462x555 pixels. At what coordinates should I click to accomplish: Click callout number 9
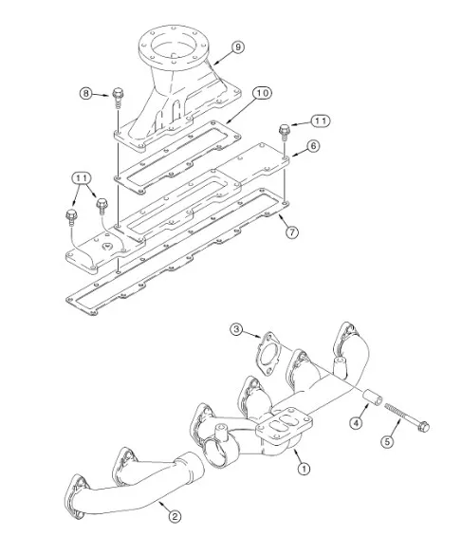238,47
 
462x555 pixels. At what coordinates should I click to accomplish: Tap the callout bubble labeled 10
263,93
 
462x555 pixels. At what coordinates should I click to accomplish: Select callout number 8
85,94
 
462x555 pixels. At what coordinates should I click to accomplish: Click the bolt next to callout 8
118,96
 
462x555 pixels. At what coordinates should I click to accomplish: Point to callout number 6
313,146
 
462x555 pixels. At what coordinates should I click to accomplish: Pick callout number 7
292,232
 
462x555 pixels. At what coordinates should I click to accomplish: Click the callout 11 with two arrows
82,178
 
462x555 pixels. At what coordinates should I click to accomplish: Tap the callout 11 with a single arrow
321,121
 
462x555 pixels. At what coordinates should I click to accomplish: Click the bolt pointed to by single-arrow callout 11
285,132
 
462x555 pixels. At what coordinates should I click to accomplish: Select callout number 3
236,330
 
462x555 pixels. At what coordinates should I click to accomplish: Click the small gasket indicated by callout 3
268,353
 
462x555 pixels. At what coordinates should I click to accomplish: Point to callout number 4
356,422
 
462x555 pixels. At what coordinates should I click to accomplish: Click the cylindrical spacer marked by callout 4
373,398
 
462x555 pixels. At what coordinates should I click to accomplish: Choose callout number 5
387,441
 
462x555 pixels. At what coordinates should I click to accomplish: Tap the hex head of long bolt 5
423,426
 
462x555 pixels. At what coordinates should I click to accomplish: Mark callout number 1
304,469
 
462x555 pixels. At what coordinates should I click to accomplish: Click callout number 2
175,516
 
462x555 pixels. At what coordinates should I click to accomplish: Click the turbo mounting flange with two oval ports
285,424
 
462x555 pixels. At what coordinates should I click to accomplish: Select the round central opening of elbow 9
173,47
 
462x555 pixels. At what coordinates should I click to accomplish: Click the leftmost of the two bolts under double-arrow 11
71,217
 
